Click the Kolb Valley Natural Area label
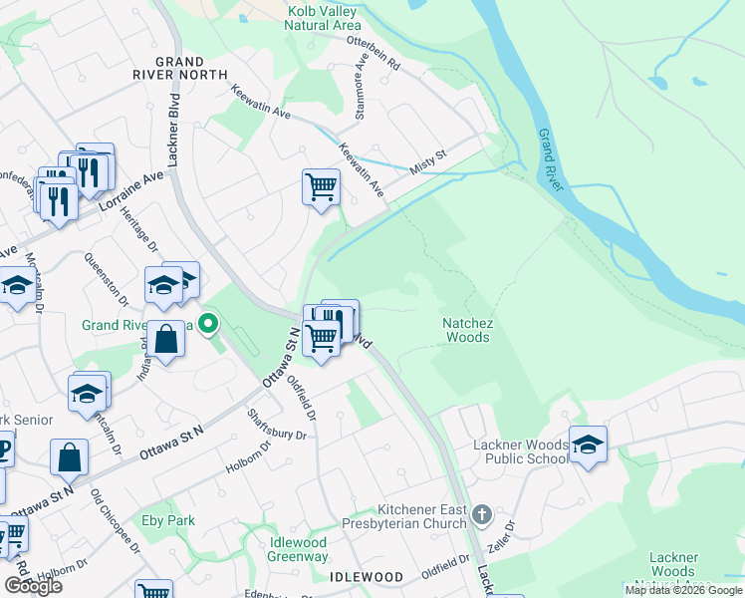click(x=322, y=17)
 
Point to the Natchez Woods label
click(x=467, y=330)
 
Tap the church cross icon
click(x=482, y=515)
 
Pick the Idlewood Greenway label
click(x=298, y=549)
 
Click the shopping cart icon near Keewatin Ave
click(x=321, y=186)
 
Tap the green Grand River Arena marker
click(x=208, y=324)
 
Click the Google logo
click(x=33, y=587)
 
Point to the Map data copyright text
click(x=683, y=590)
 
